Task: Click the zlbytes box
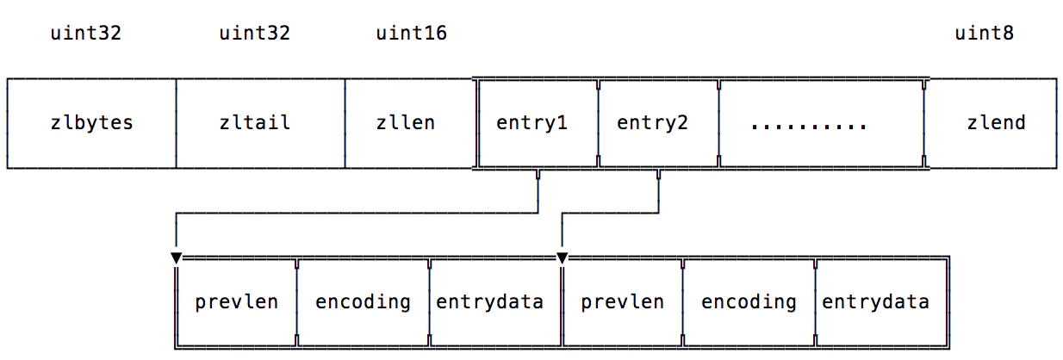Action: [91, 123]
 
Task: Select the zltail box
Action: [260, 123]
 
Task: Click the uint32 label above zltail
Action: [255, 34]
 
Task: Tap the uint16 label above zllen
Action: [412, 34]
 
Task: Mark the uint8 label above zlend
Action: [985, 34]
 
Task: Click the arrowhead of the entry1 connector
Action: [177, 258]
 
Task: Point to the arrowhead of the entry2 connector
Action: [563, 258]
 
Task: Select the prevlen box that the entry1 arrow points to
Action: [236, 302]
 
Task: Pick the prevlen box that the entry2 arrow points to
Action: [622, 302]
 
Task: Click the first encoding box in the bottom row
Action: [363, 302]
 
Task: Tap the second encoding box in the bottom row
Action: [749, 302]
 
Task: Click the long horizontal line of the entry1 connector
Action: [357, 213]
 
